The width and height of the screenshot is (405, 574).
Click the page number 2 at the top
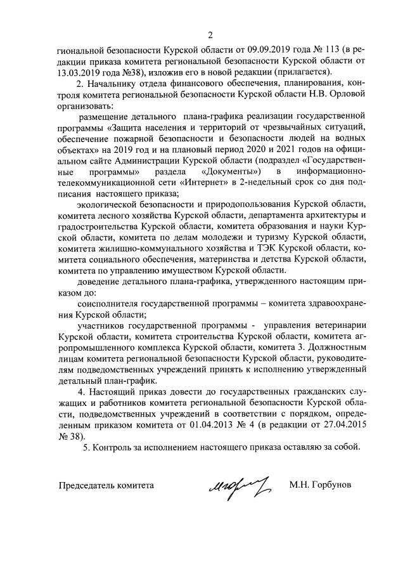210,34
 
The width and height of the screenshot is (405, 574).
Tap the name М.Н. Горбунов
319,486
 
